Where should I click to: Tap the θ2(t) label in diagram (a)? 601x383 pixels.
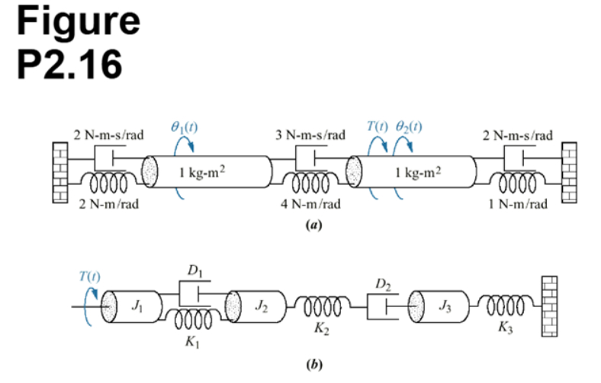click(410, 128)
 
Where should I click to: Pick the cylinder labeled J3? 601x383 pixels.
click(445, 307)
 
